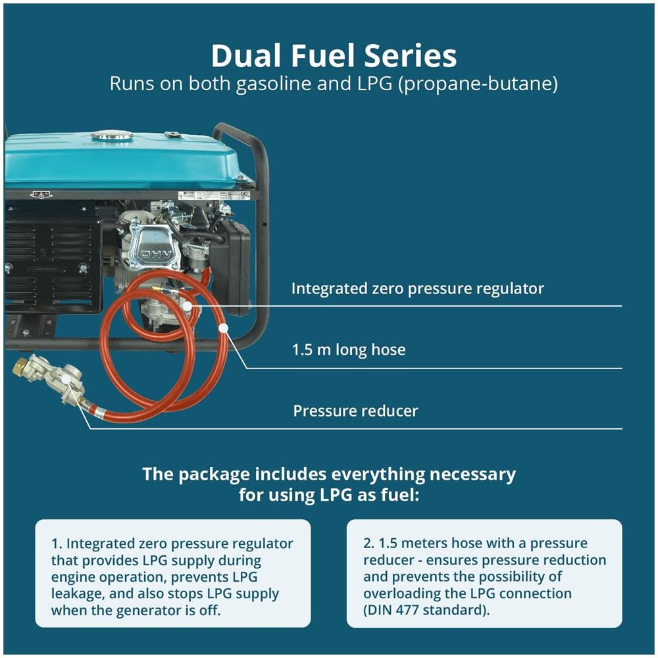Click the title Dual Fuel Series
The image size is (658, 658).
[334, 56]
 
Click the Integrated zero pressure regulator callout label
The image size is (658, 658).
[418, 289]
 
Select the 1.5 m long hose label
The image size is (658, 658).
[349, 349]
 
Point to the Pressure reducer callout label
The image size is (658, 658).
[355, 411]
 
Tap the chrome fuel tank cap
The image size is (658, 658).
[112, 135]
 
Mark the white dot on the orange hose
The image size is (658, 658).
[224, 328]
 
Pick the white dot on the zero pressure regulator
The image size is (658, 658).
[188, 307]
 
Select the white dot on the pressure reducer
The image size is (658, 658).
[66, 378]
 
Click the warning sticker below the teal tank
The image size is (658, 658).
[41, 194]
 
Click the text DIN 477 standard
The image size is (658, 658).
[424, 610]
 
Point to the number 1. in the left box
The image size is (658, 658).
[56, 544]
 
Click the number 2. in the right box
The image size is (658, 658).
[368, 543]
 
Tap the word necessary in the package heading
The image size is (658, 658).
[472, 474]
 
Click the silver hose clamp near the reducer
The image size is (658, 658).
[99, 412]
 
